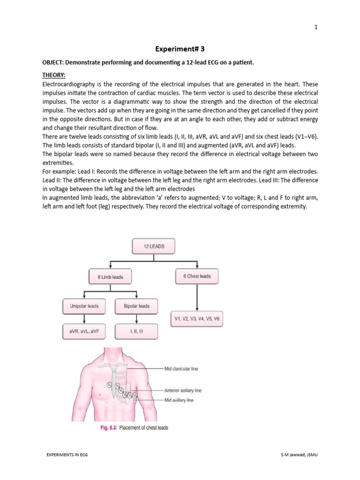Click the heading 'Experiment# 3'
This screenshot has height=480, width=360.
180,48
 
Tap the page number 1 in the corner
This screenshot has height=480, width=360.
316,27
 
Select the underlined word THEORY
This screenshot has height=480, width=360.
54,75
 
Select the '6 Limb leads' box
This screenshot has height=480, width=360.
110,277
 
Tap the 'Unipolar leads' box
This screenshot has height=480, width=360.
84,306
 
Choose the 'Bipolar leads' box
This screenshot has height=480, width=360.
136,306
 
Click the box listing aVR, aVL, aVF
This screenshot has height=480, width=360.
84,331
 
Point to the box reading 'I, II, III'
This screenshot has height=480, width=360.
136,331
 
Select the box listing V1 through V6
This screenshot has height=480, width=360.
197,319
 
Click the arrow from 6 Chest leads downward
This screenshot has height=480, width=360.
197,298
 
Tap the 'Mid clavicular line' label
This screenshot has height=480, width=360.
181,369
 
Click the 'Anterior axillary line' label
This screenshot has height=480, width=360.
183,390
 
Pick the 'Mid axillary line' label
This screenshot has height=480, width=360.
178,400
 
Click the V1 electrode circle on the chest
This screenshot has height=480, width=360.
110,385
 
